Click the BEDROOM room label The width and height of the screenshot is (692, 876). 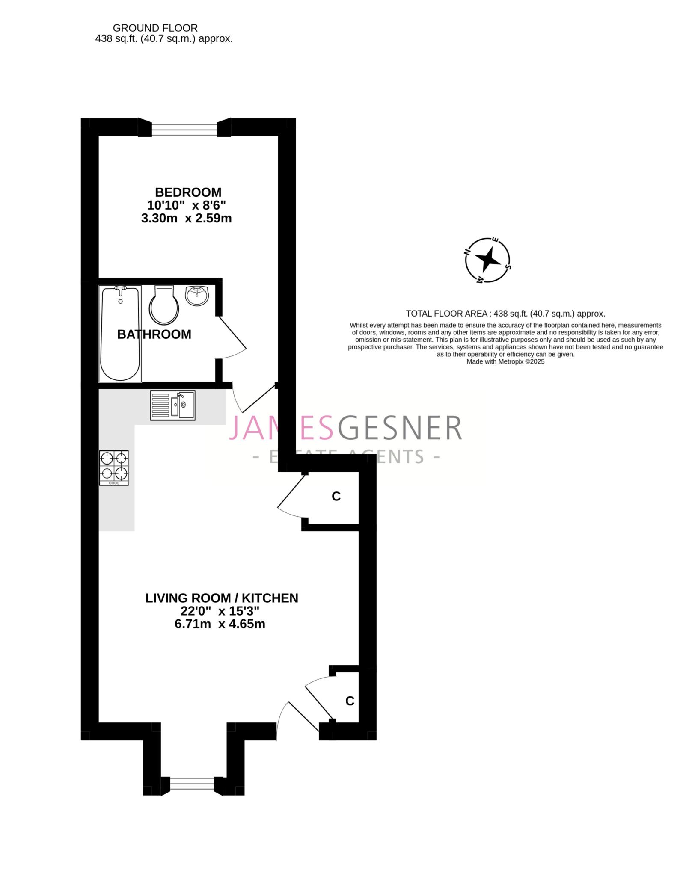click(188, 192)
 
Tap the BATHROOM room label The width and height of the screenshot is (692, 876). click(154, 334)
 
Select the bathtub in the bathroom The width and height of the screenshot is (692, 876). click(120, 334)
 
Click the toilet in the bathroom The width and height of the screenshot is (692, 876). click(163, 305)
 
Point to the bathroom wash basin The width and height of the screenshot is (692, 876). click(197, 296)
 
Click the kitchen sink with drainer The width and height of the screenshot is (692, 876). click(172, 405)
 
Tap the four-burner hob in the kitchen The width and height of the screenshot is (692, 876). click(114, 468)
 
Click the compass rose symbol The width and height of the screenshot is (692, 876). click(487, 260)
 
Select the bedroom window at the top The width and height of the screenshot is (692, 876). click(184, 127)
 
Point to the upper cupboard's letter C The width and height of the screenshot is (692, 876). click(336, 496)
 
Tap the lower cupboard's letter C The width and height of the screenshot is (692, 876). click(350, 701)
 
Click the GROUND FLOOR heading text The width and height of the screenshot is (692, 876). click(155, 28)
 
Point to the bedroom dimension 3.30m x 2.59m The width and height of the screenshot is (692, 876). click(187, 219)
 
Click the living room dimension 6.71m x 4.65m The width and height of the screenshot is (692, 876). click(220, 624)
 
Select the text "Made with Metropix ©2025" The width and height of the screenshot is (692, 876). click(505, 361)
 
